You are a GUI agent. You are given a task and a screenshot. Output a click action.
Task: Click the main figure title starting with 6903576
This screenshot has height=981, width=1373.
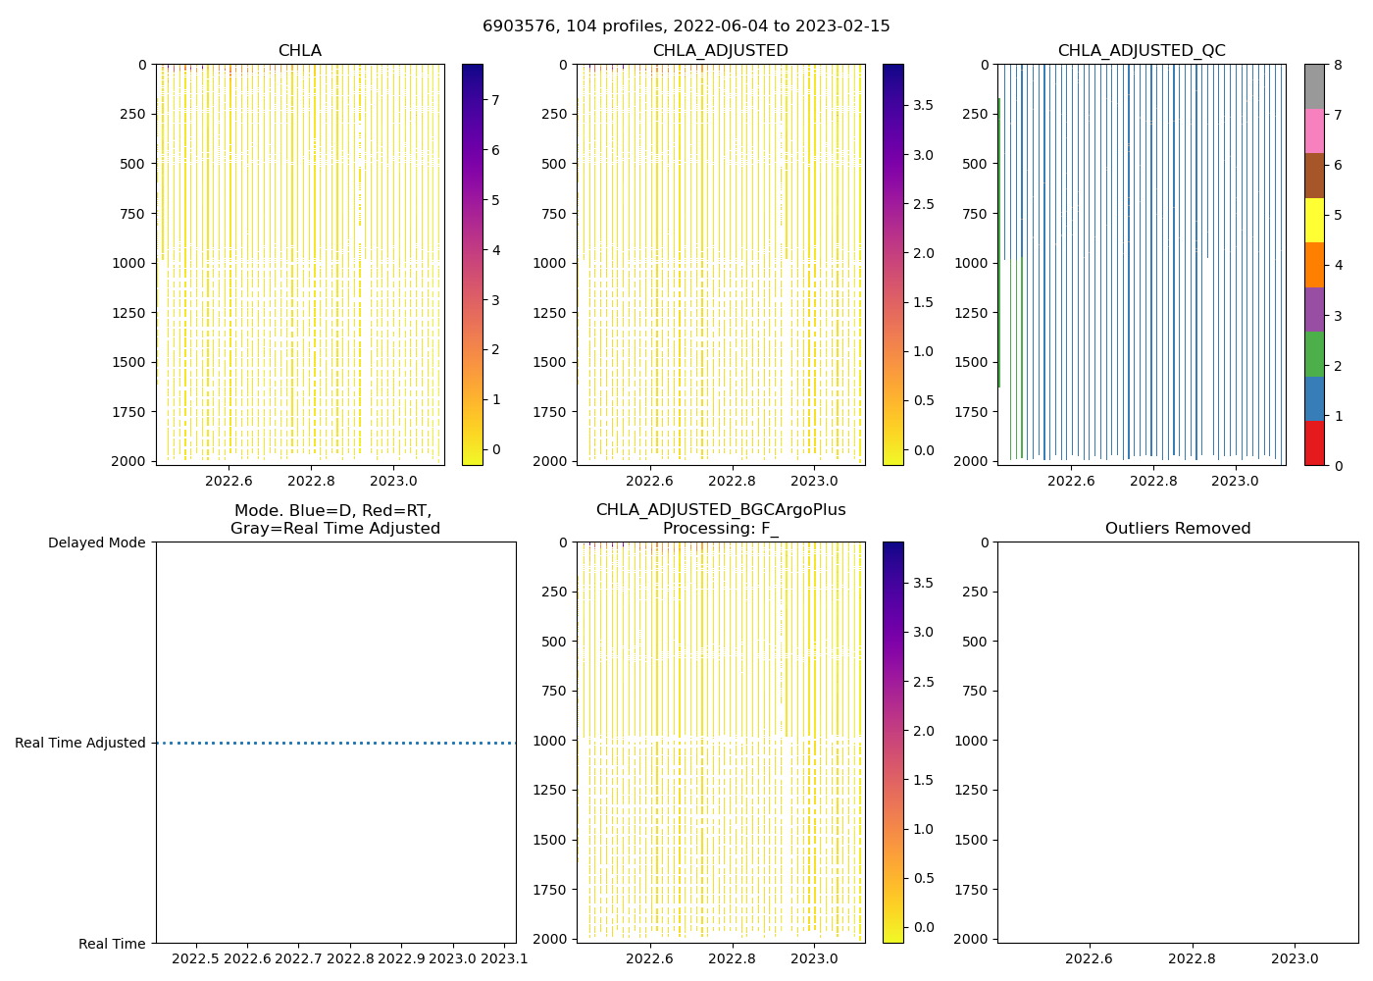(x=686, y=26)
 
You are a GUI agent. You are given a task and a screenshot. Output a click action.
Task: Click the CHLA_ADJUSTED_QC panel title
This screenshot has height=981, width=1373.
(x=1142, y=51)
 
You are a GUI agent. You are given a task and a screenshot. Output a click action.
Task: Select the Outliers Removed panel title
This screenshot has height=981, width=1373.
(x=1178, y=529)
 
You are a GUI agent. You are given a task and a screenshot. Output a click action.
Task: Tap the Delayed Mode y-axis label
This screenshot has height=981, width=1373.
(x=96, y=542)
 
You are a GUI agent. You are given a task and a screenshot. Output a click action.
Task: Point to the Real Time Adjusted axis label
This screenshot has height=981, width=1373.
(x=80, y=743)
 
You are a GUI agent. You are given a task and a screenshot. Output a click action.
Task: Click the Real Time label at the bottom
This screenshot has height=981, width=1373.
(x=112, y=944)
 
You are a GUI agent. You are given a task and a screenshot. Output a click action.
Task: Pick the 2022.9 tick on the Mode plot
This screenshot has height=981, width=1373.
(x=401, y=958)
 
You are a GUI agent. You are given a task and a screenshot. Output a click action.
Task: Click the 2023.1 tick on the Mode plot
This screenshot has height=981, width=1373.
(x=503, y=958)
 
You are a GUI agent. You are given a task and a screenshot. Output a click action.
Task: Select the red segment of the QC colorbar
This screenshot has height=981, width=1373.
(x=1314, y=442)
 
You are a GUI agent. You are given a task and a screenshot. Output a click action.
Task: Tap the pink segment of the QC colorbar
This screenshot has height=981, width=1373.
(x=1314, y=130)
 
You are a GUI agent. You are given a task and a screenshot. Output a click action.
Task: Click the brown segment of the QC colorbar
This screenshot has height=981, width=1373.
(x=1314, y=176)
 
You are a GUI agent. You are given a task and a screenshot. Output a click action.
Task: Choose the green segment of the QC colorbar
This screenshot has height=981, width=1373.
(x=1314, y=354)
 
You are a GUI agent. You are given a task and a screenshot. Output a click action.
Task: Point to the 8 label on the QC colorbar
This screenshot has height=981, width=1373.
(x=1338, y=65)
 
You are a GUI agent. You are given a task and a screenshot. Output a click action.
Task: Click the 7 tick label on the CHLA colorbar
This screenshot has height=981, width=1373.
(x=496, y=100)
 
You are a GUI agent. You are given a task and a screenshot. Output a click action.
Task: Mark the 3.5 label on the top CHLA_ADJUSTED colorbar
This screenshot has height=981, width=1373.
(x=924, y=105)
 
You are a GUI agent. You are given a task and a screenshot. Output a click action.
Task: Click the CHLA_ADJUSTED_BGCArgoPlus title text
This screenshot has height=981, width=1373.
(x=720, y=510)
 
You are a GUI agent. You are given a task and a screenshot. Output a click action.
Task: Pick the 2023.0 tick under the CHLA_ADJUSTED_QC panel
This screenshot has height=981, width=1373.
(x=1235, y=481)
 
